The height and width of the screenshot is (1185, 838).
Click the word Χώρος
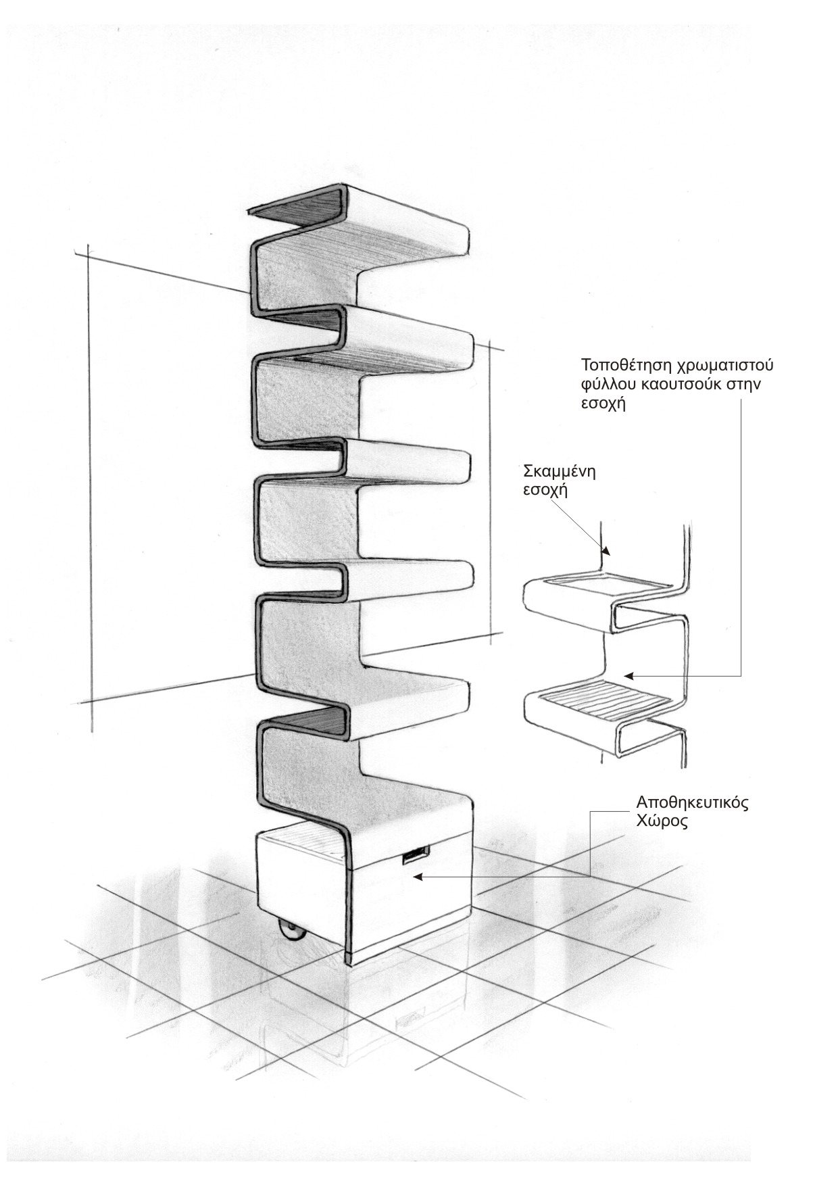(x=662, y=824)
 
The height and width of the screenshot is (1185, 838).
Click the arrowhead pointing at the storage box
(x=418, y=877)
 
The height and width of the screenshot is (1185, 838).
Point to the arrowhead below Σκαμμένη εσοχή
(x=606, y=551)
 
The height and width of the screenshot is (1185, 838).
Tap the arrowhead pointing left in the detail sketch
(x=628, y=675)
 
